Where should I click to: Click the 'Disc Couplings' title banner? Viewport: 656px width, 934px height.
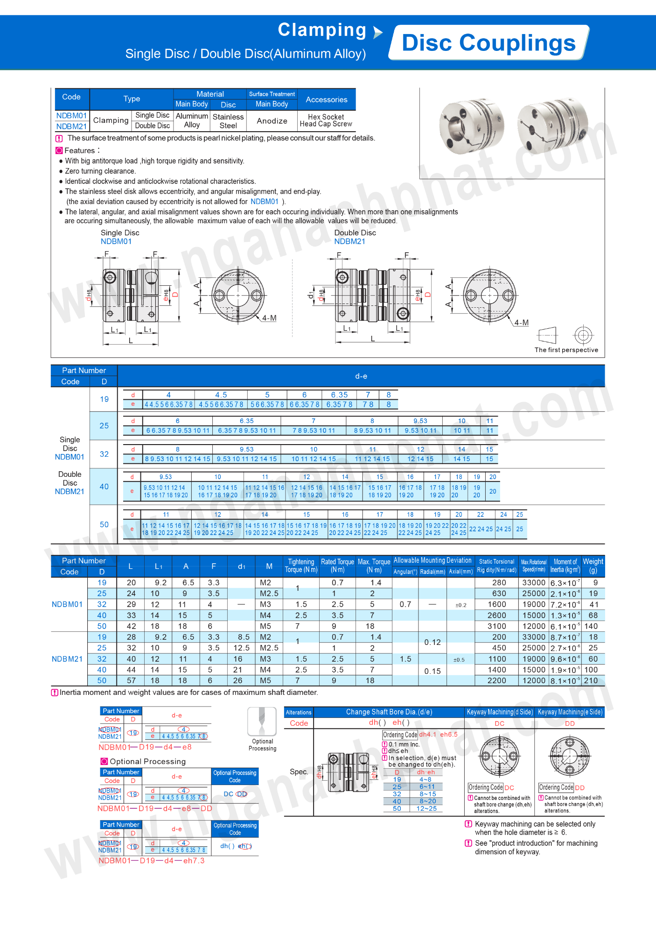(x=489, y=43)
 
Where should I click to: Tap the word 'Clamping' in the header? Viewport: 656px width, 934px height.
(x=322, y=30)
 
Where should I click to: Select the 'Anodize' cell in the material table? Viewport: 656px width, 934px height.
(x=272, y=121)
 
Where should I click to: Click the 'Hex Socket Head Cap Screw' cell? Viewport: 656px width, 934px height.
(x=326, y=120)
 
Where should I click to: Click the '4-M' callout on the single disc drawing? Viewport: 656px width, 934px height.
(x=269, y=318)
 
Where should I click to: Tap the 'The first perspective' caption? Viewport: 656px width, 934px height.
(x=566, y=350)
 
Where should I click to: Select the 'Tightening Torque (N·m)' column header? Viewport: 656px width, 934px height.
(x=301, y=566)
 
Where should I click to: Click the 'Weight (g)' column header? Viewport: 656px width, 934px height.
(x=593, y=566)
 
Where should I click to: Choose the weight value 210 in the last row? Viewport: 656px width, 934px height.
(x=591, y=680)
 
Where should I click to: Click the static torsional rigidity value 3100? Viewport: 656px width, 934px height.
(x=496, y=626)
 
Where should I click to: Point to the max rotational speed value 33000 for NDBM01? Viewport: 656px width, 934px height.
(x=534, y=583)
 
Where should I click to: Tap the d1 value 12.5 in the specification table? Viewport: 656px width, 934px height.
(x=241, y=648)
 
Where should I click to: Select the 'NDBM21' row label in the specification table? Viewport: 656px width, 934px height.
(x=67, y=659)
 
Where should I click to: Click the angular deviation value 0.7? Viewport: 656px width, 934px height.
(x=405, y=604)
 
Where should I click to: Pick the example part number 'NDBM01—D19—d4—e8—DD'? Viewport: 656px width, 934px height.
(x=155, y=808)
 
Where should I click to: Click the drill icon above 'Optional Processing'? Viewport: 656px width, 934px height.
(x=262, y=722)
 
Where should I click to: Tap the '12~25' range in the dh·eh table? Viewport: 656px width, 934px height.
(x=426, y=808)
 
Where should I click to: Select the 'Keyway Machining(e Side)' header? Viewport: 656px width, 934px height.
(x=570, y=712)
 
